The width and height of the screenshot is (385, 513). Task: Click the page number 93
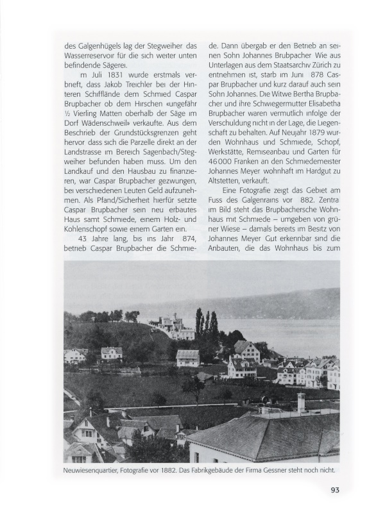[335, 491]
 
